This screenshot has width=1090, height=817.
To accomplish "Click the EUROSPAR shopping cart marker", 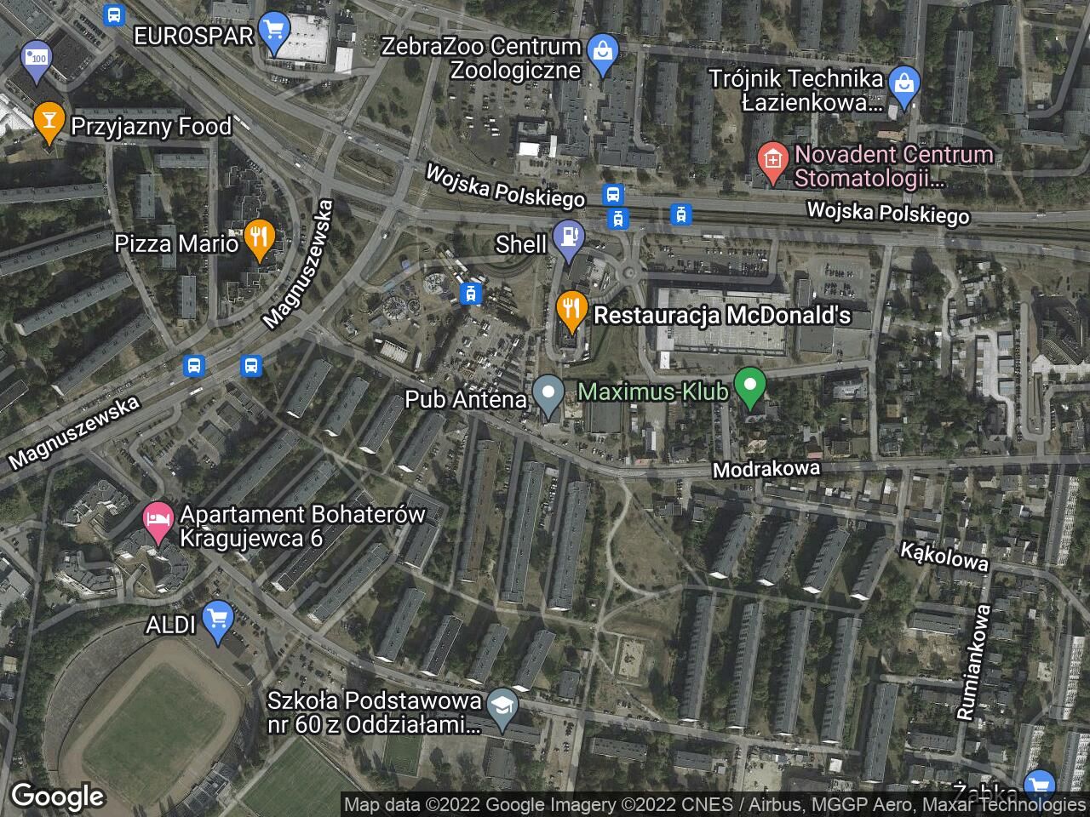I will tap(272, 31).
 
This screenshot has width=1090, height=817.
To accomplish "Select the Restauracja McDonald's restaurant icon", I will tap(571, 311).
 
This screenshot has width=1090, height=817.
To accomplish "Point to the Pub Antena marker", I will tap(548, 394).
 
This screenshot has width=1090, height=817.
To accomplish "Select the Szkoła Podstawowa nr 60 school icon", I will tap(502, 709).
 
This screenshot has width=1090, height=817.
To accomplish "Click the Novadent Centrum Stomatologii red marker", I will tap(772, 162).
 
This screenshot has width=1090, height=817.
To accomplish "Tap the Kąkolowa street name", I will tap(944, 557).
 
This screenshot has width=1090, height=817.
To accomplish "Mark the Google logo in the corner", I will tap(57, 797).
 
